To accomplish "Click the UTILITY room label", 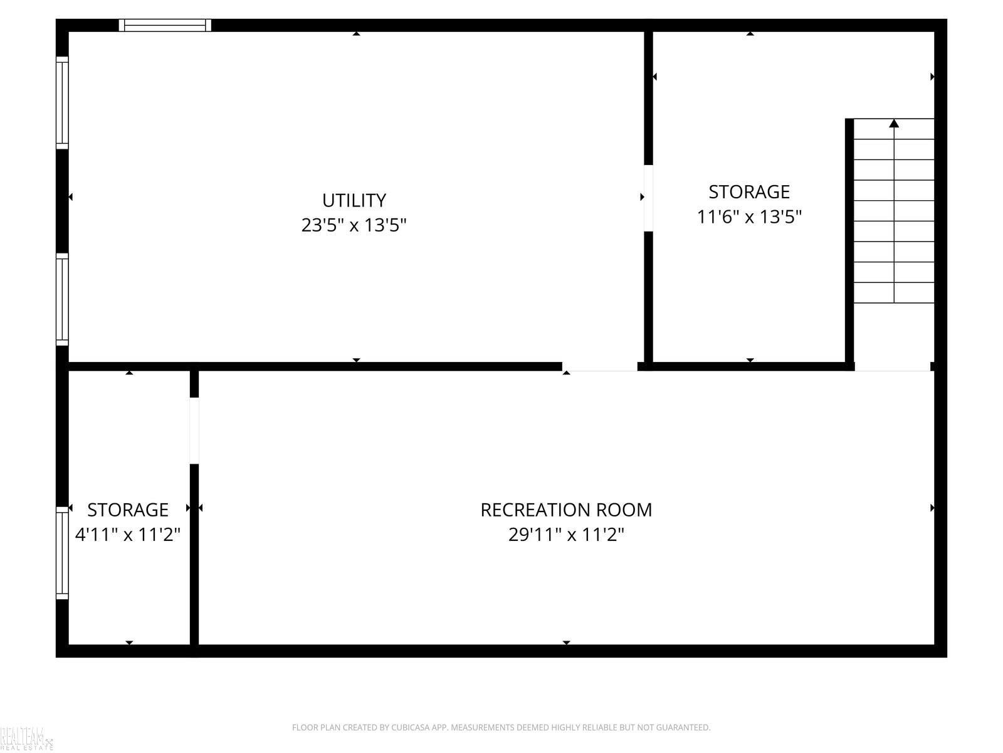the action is tap(354, 200).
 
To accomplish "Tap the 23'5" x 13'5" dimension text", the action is tap(354, 225).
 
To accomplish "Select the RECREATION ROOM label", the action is tap(566, 510).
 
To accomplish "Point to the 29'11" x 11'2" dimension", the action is tap(566, 534).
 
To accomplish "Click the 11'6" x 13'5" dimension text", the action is tap(749, 216).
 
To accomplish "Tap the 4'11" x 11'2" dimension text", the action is tap(128, 534).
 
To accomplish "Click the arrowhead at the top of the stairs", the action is tap(895, 123).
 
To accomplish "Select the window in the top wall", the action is tap(165, 25).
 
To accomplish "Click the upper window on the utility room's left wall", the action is tap(62, 103).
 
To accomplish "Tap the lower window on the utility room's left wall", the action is tap(62, 299).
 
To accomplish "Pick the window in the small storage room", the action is tap(62, 553).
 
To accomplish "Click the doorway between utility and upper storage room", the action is tap(648, 198).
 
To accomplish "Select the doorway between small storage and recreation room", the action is tap(194, 430).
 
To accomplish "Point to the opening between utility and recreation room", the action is tap(599, 366).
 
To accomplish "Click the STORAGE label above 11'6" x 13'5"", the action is tap(749, 192).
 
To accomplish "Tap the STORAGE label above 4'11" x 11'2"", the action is tap(128, 510).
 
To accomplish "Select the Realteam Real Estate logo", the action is tap(26, 739).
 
